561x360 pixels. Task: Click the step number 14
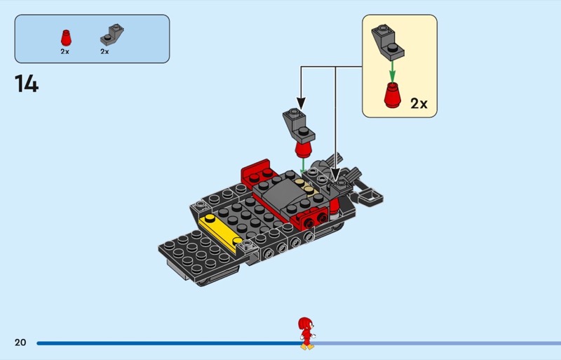(x=26, y=84)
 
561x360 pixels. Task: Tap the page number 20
(x=20, y=342)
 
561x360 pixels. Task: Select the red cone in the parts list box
(x=65, y=37)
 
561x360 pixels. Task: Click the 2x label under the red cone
(x=65, y=51)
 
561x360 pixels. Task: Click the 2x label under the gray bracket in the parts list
(x=104, y=51)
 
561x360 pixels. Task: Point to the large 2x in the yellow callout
(x=419, y=104)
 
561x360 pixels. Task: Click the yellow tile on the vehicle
(x=217, y=231)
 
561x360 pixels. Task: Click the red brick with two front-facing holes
(x=315, y=220)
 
